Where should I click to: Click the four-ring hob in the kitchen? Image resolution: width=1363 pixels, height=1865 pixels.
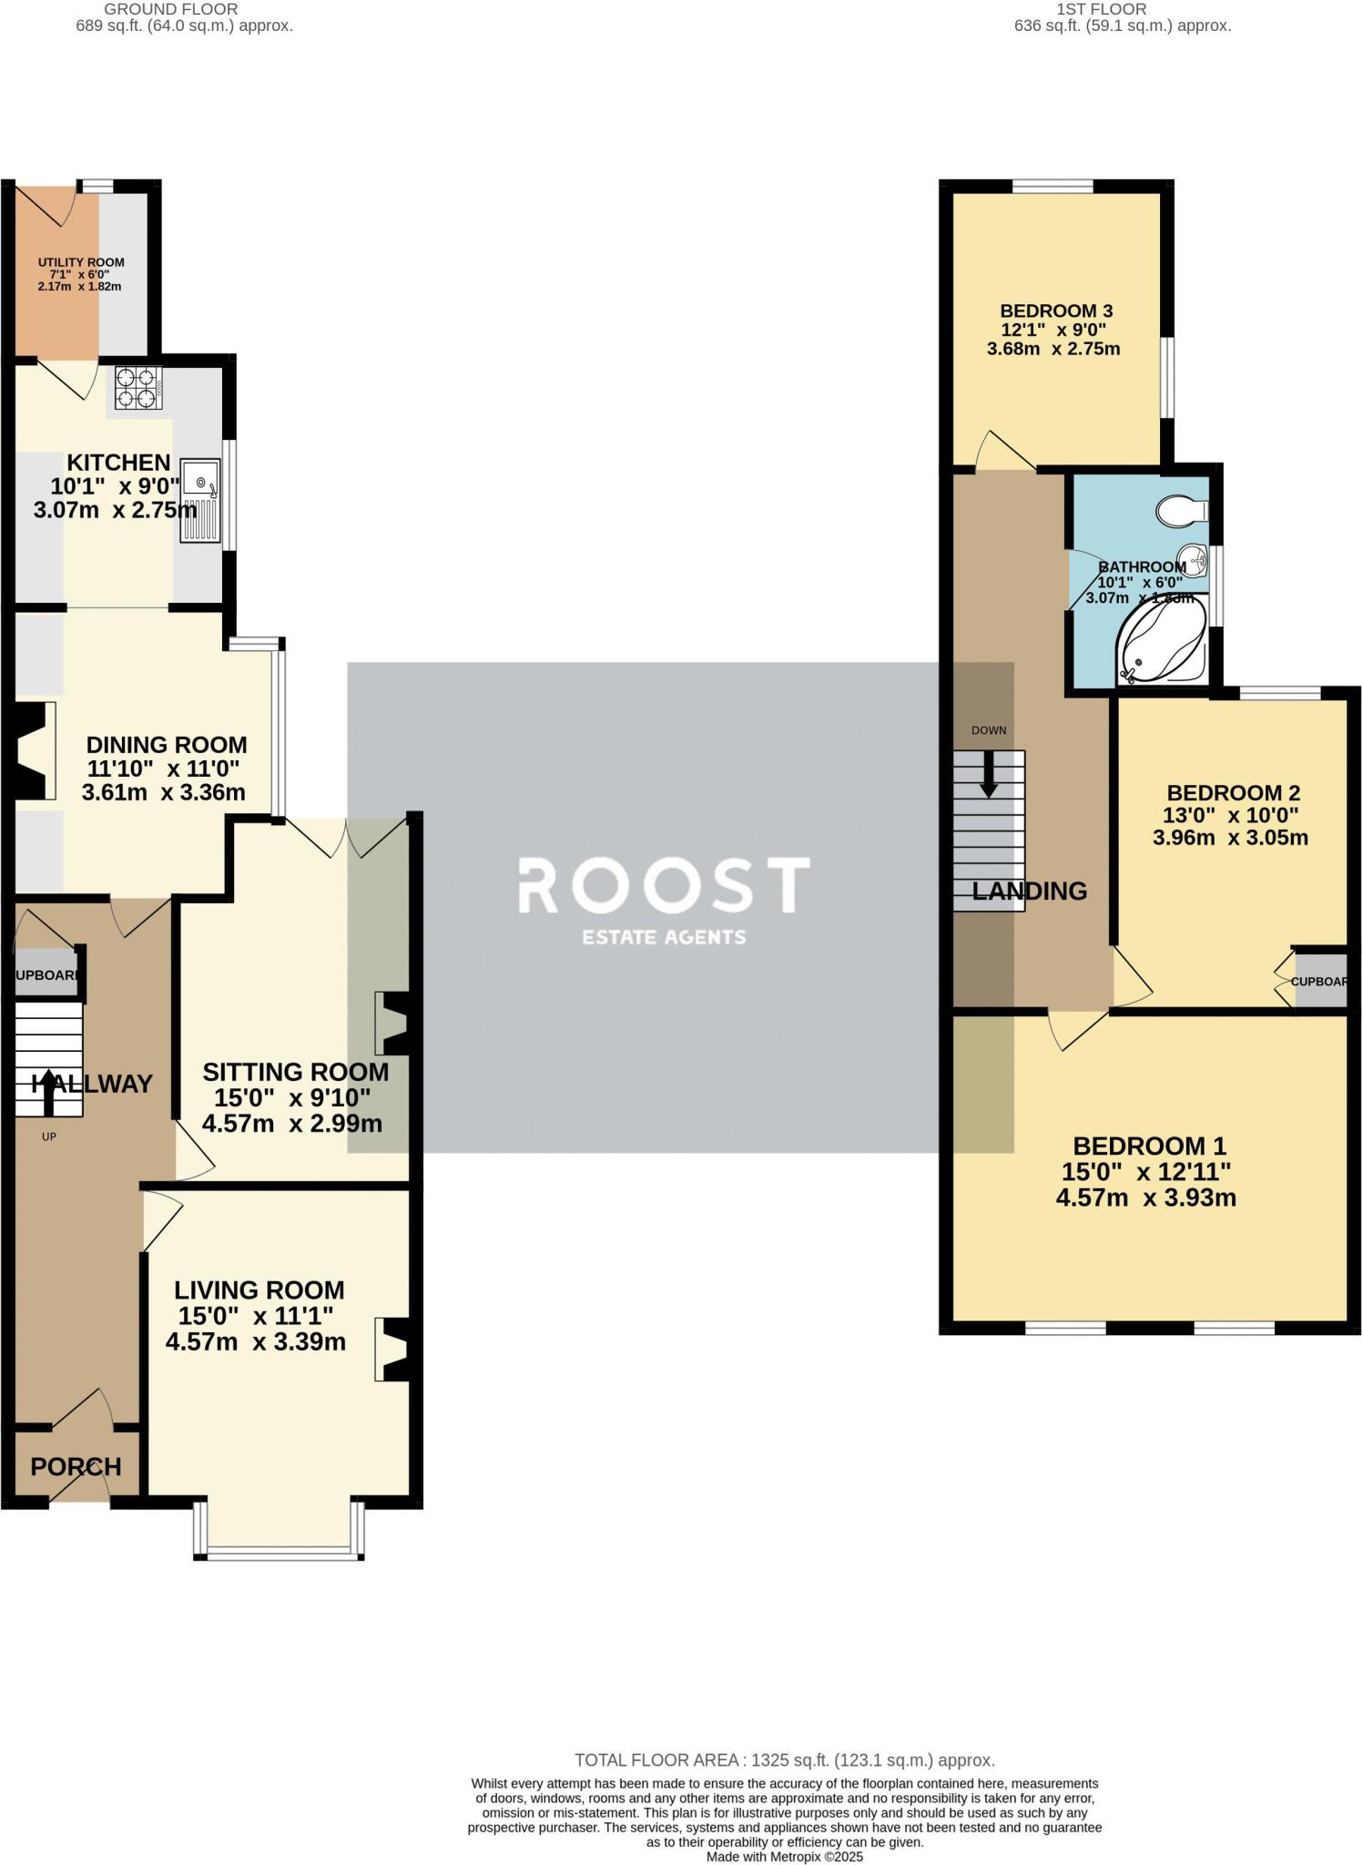(138, 387)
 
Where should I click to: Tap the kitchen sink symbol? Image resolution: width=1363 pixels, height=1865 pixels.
(200, 501)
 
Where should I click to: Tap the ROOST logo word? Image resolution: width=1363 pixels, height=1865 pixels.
(664, 885)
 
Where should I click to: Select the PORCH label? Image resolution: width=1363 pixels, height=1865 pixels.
(76, 1467)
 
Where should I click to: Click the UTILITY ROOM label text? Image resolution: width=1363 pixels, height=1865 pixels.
(80, 262)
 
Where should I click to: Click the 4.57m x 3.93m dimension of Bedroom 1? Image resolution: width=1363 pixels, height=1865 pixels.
(1145, 1197)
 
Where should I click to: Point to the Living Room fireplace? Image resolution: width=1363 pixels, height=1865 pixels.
(393, 1349)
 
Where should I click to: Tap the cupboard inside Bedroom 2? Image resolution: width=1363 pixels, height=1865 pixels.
(1319, 981)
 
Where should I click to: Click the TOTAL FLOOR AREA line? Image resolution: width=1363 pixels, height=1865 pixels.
(784, 1760)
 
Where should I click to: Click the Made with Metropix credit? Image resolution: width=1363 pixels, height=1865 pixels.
(784, 1856)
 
